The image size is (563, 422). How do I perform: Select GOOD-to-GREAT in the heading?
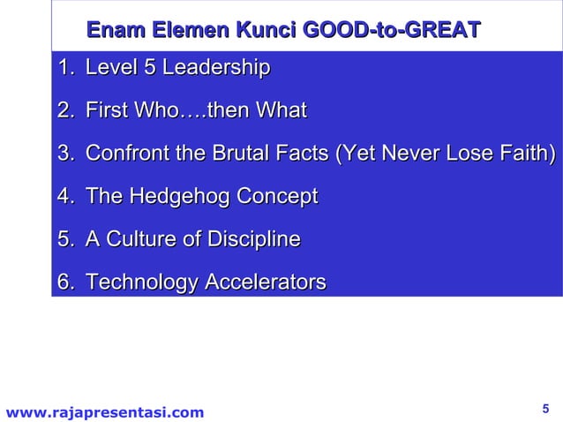click(x=392, y=32)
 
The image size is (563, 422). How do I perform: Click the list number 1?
click(x=64, y=68)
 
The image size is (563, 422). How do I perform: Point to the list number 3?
click(x=64, y=154)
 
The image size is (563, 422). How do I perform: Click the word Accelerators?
click(x=265, y=283)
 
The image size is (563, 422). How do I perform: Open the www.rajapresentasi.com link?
click(x=104, y=411)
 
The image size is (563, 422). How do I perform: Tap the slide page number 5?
click(x=544, y=408)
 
